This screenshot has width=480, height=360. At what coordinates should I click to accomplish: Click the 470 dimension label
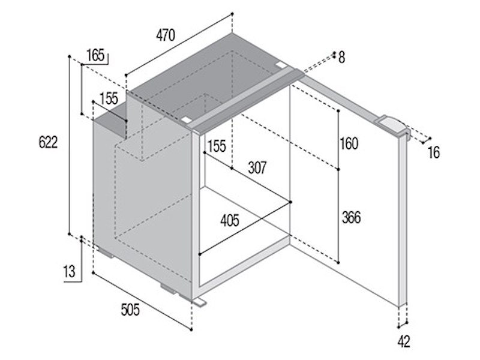click(x=166, y=35)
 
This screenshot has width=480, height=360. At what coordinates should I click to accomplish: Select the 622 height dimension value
click(x=48, y=142)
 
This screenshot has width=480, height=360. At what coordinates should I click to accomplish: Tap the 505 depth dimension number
click(x=130, y=310)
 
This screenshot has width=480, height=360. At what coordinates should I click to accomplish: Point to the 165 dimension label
click(x=95, y=55)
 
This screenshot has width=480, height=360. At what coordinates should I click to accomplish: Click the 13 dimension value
click(x=69, y=272)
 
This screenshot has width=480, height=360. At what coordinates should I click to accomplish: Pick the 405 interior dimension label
click(x=230, y=220)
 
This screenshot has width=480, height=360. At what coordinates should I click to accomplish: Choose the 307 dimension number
click(x=257, y=168)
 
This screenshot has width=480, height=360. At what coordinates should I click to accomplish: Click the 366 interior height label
click(x=351, y=217)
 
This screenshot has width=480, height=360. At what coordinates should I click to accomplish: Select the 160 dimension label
click(x=349, y=143)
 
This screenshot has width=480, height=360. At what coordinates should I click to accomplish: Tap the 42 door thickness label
click(x=403, y=341)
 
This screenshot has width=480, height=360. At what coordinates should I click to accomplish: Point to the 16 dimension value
click(x=433, y=152)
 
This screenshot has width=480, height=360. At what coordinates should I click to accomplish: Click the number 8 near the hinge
click(x=341, y=57)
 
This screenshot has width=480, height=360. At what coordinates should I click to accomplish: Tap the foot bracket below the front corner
click(x=199, y=302)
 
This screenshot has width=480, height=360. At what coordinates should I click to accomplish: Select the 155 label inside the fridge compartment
click(x=217, y=146)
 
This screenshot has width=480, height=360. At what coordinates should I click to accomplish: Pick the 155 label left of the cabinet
click(x=109, y=98)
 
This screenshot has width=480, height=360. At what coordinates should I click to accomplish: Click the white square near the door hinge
click(x=280, y=65)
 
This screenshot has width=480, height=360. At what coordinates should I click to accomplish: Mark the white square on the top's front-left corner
click(x=187, y=119)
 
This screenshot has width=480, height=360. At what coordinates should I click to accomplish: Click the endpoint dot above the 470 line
click(x=232, y=14)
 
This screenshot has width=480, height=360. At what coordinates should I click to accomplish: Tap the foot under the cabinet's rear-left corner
click(x=106, y=253)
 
